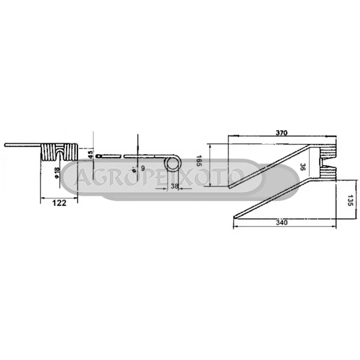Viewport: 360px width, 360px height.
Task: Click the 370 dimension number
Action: click(x=281, y=133)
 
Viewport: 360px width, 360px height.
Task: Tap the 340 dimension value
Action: click(x=282, y=223)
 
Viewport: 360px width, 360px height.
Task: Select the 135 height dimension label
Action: click(x=350, y=200)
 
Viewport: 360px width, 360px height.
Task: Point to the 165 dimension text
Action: click(x=199, y=161)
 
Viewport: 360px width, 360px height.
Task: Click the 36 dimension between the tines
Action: click(x=303, y=167)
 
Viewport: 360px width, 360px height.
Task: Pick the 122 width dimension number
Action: click(x=59, y=203)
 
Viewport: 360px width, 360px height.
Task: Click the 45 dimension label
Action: click(x=91, y=155)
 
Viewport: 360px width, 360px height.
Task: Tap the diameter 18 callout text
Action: click(x=57, y=172)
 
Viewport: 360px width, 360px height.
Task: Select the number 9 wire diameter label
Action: click(x=143, y=168)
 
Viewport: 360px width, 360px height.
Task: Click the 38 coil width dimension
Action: click(x=174, y=186)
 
